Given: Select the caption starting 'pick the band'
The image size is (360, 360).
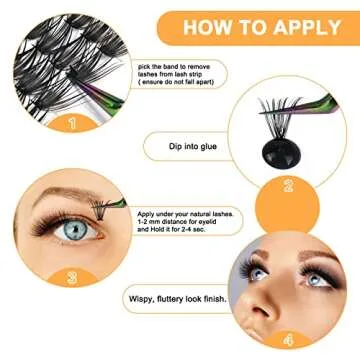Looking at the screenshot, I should click(179, 76).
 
